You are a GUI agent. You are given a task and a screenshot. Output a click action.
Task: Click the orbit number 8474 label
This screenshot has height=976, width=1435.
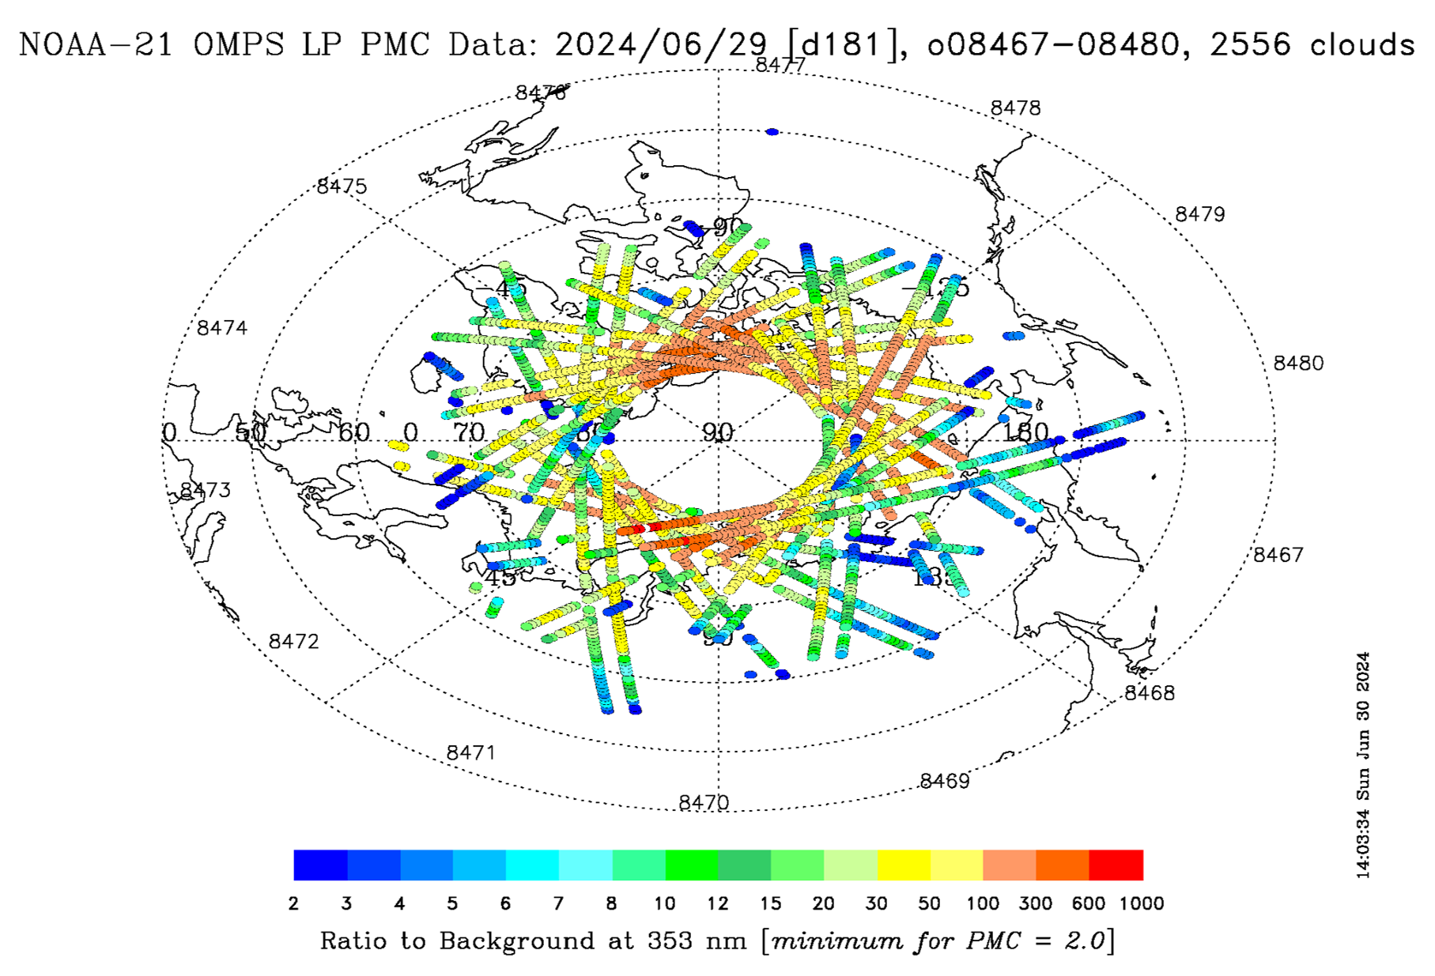point(222,328)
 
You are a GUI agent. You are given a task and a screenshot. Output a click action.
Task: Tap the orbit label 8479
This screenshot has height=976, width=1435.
point(1199,214)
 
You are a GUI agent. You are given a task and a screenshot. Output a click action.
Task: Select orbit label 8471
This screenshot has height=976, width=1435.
point(470,752)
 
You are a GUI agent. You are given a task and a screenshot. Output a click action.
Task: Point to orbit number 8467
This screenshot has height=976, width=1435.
point(1278,555)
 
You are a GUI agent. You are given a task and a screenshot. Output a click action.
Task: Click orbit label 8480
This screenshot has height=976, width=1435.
point(1297,363)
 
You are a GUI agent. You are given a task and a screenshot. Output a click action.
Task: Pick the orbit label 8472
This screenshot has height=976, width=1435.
point(293,642)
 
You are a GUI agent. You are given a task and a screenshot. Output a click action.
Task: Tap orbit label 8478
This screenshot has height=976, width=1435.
point(1015,108)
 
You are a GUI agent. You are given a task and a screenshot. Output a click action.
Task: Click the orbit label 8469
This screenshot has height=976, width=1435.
point(944,781)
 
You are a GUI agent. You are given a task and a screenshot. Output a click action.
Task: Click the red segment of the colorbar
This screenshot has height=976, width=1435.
point(1116,865)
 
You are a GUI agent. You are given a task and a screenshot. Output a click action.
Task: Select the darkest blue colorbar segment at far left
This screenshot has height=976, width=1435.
point(320,865)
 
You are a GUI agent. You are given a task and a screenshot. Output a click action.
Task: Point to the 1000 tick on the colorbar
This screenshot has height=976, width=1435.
point(1142,903)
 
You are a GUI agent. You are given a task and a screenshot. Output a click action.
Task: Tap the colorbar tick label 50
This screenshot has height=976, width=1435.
point(929,903)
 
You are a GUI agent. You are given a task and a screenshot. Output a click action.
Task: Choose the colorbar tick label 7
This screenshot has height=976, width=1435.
point(558,903)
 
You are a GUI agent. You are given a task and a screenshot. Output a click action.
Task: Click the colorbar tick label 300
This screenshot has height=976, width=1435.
point(1035,903)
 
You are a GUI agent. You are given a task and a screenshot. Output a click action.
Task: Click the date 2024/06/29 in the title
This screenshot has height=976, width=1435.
point(660,45)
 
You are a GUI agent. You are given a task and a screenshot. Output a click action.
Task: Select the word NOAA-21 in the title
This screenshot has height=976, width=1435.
point(95,45)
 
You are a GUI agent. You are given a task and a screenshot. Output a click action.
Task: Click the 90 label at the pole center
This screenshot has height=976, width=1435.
point(718,431)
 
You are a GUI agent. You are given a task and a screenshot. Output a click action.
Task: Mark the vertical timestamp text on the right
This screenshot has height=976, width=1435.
point(1362,765)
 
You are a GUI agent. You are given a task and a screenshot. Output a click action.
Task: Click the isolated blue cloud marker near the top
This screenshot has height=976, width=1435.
point(772,132)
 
